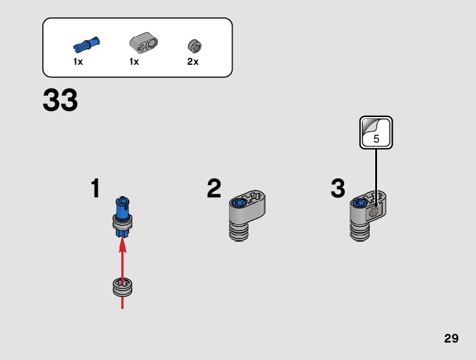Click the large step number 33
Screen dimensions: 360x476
click(60, 101)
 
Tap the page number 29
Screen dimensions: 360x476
click(451, 338)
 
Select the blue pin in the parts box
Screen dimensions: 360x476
click(86, 45)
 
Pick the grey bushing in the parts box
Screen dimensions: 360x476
click(194, 45)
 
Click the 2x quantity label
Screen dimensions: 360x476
click(193, 62)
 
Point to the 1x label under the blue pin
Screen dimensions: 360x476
click(78, 62)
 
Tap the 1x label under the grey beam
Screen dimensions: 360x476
click(134, 62)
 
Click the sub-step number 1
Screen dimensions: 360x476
click(95, 189)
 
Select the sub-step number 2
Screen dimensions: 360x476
click(214, 189)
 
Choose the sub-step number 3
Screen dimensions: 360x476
click(338, 189)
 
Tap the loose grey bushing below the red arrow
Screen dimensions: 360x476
click(122, 288)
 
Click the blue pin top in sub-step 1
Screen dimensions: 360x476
click(122, 204)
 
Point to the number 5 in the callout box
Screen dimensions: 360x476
click(376, 139)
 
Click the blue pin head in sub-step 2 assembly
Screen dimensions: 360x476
click(238, 202)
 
